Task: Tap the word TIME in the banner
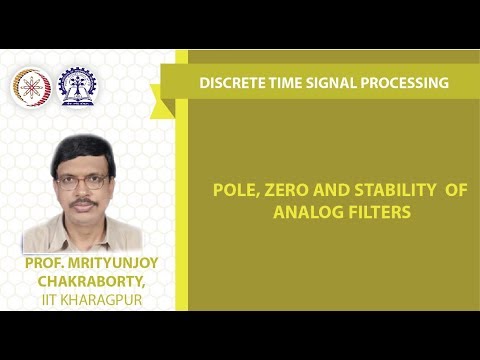(286, 83)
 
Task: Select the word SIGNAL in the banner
(332, 83)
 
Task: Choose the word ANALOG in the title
(303, 212)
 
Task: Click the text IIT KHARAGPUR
(84, 297)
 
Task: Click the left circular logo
(31, 86)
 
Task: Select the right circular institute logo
(77, 86)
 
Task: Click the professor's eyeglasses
(83, 182)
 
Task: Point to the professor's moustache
(84, 203)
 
